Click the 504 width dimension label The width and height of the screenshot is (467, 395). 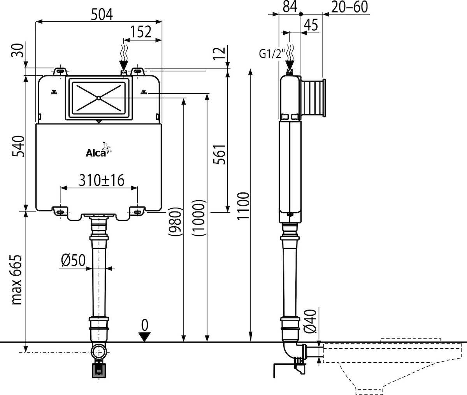102,15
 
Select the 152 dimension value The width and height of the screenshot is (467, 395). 141,31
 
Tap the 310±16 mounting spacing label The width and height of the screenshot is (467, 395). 102,180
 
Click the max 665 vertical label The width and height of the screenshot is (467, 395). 17,280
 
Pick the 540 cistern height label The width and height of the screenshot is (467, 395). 18,146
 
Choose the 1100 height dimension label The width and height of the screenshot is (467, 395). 243,206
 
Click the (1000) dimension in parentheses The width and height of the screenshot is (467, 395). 199,218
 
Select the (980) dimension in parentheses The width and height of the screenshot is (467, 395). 175,222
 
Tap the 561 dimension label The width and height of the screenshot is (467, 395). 219,154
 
